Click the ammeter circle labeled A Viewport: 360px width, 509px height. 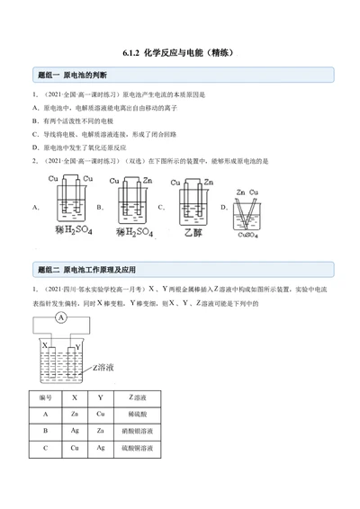(x=59, y=319)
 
